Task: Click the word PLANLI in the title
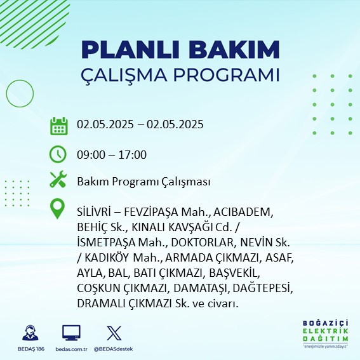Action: point(130,50)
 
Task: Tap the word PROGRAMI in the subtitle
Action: point(227,75)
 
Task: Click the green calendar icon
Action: point(59,126)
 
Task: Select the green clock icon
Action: point(58,154)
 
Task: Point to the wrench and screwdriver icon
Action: point(58,179)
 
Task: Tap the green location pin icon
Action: point(57,208)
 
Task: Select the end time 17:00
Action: point(133,155)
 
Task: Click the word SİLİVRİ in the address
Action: point(94,212)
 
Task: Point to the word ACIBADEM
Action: point(243,212)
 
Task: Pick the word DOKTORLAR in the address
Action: point(203,243)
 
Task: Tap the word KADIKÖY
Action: point(107,258)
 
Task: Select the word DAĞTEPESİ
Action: point(262,288)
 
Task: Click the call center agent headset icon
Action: point(30,333)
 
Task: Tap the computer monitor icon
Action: point(71,333)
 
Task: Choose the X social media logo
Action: point(114,333)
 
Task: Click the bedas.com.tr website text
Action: point(71,349)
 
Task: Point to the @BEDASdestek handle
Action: point(114,349)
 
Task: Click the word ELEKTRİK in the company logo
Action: point(325,331)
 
